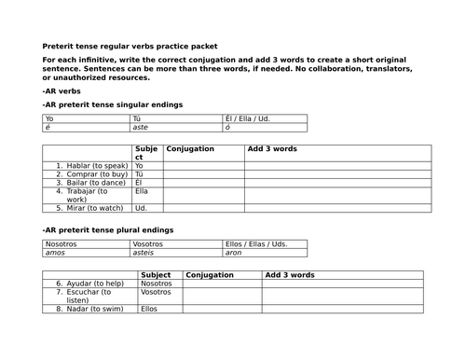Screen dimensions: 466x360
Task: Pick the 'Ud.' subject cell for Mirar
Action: coord(142,208)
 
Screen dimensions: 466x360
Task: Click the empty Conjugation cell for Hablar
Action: coord(203,165)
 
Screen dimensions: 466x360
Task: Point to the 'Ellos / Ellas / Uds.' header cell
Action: coord(256,243)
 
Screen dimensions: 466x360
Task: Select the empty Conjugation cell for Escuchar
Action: coord(222,296)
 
